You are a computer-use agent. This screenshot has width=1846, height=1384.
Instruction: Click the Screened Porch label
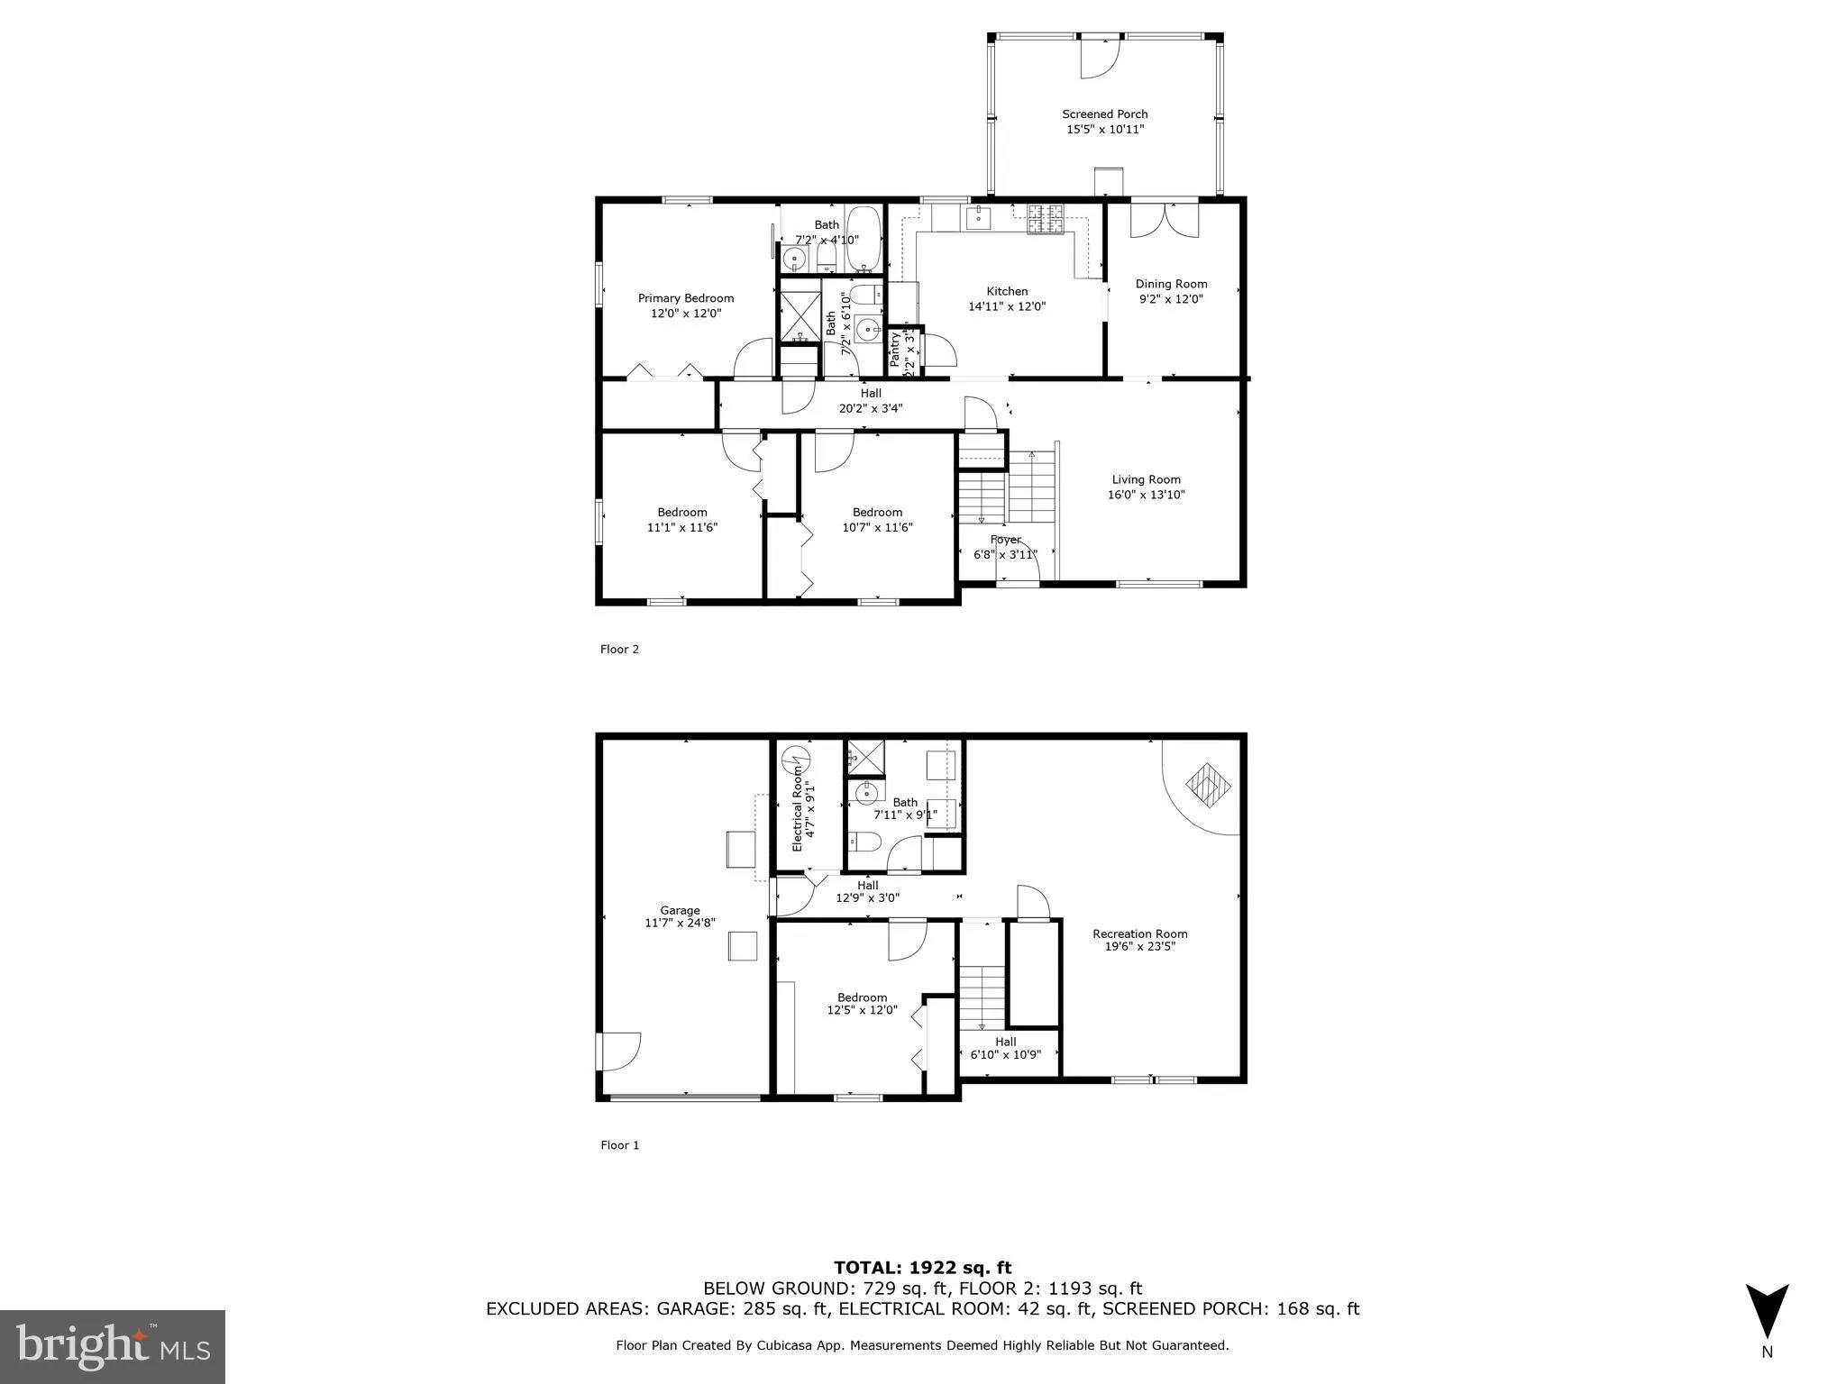pos(1104,114)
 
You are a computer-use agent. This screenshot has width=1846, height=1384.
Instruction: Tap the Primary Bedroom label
pos(686,298)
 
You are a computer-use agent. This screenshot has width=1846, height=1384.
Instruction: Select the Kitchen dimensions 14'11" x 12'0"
pos(1007,306)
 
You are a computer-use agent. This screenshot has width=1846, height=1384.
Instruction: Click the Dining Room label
pos(1171,284)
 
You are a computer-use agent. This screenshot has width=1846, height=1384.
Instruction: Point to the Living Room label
pos(1146,479)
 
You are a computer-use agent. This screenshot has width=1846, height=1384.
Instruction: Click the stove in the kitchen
pos(1046,220)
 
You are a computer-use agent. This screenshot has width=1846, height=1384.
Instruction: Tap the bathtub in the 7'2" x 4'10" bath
pos(864,239)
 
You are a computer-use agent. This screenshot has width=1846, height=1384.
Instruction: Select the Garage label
pos(680,910)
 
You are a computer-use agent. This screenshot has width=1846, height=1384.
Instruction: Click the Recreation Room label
pos(1139,933)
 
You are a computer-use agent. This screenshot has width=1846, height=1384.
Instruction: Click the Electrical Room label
pos(798,807)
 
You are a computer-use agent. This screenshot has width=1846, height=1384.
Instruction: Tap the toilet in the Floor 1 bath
pos(864,842)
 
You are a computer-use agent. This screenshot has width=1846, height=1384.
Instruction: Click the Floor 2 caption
pos(619,649)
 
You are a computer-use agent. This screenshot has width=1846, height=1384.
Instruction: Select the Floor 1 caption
pos(619,1145)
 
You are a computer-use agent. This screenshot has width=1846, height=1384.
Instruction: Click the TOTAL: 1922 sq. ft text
pos(922,1269)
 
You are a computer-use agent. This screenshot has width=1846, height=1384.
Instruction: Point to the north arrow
pos(1767,1311)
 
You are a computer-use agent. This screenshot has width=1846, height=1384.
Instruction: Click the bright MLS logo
pos(113,1346)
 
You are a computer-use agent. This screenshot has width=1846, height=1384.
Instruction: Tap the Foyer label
pos(1005,540)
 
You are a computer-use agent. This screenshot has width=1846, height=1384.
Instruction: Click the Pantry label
pos(895,350)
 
